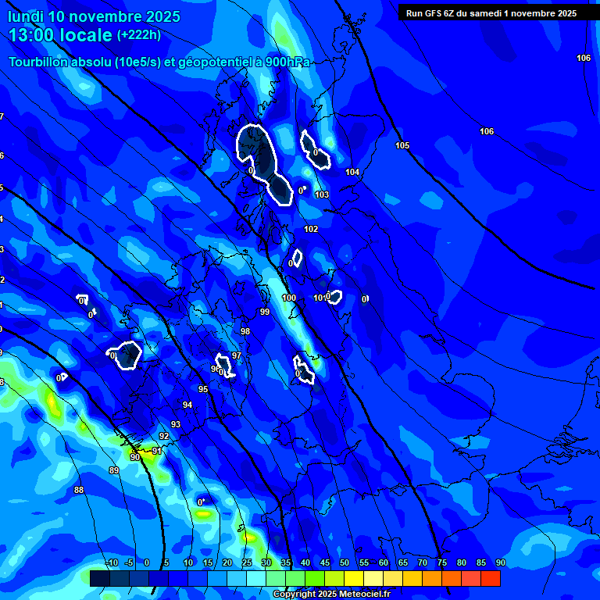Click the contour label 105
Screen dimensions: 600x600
click(402, 146)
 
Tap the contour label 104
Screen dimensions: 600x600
click(352, 172)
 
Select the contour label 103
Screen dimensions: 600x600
click(322, 195)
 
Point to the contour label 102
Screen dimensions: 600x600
click(311, 229)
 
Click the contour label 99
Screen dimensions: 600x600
click(265, 312)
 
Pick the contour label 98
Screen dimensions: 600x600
click(245, 332)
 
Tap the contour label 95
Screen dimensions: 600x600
click(203, 389)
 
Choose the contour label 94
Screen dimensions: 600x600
click(187, 405)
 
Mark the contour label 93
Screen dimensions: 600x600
click(176, 424)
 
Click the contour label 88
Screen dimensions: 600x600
click(79, 490)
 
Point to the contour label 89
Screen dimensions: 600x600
click(114, 470)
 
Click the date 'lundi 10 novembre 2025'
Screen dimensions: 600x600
click(94, 16)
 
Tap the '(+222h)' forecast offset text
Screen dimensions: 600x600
click(139, 35)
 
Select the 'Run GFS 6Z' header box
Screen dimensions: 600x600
click(491, 13)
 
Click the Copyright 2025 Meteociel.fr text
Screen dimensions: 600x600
click(331, 595)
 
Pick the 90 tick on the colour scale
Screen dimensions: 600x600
click(500, 562)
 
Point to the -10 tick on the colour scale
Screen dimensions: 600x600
click(111, 562)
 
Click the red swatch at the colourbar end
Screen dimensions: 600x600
click(490, 578)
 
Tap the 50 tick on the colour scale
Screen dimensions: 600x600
click(344, 562)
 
